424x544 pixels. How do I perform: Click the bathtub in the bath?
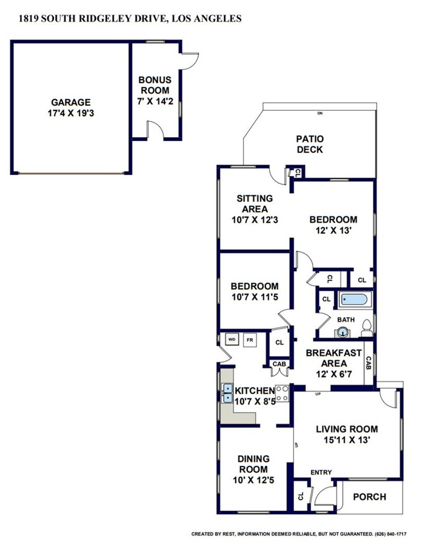point(354,299)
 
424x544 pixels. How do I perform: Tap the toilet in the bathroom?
point(367,328)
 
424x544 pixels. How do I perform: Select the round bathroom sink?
point(343,332)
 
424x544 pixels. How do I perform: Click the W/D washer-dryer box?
point(232,340)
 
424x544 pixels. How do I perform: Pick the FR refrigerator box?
point(250,340)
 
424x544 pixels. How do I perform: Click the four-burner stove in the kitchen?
point(282,393)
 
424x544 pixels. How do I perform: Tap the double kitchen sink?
point(227,393)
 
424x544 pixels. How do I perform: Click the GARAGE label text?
point(71,102)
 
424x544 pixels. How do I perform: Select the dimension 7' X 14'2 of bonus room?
point(155,102)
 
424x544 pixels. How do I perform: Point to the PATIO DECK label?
point(310,144)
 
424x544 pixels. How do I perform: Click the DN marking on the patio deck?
point(320,113)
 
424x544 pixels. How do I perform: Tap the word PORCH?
point(370,497)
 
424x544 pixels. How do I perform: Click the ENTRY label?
point(321,472)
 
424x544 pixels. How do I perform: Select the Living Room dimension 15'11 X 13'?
point(347,440)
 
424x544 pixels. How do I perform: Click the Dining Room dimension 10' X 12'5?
point(253,480)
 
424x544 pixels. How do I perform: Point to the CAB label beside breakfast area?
point(369,363)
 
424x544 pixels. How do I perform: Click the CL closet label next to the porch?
point(300,496)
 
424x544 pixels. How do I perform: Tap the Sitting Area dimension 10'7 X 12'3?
point(255,220)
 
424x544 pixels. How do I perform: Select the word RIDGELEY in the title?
point(102,18)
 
